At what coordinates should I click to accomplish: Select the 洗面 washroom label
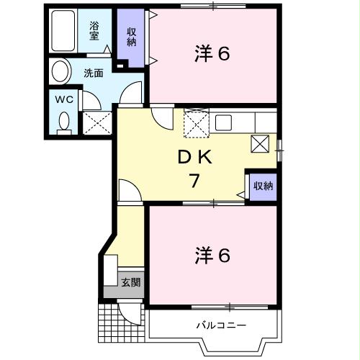[93, 73]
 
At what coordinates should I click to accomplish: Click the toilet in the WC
[64, 122]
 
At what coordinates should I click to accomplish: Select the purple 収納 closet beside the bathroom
[132, 36]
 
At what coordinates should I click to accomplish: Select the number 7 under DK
[194, 181]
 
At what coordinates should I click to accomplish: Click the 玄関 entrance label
[130, 281]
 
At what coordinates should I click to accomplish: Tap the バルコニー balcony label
[222, 325]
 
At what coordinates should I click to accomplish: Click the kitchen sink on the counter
[223, 121]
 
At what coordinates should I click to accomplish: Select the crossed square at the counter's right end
[261, 143]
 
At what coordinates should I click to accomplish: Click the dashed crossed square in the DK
[195, 123]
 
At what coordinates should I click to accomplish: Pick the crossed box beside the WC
[96, 122]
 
